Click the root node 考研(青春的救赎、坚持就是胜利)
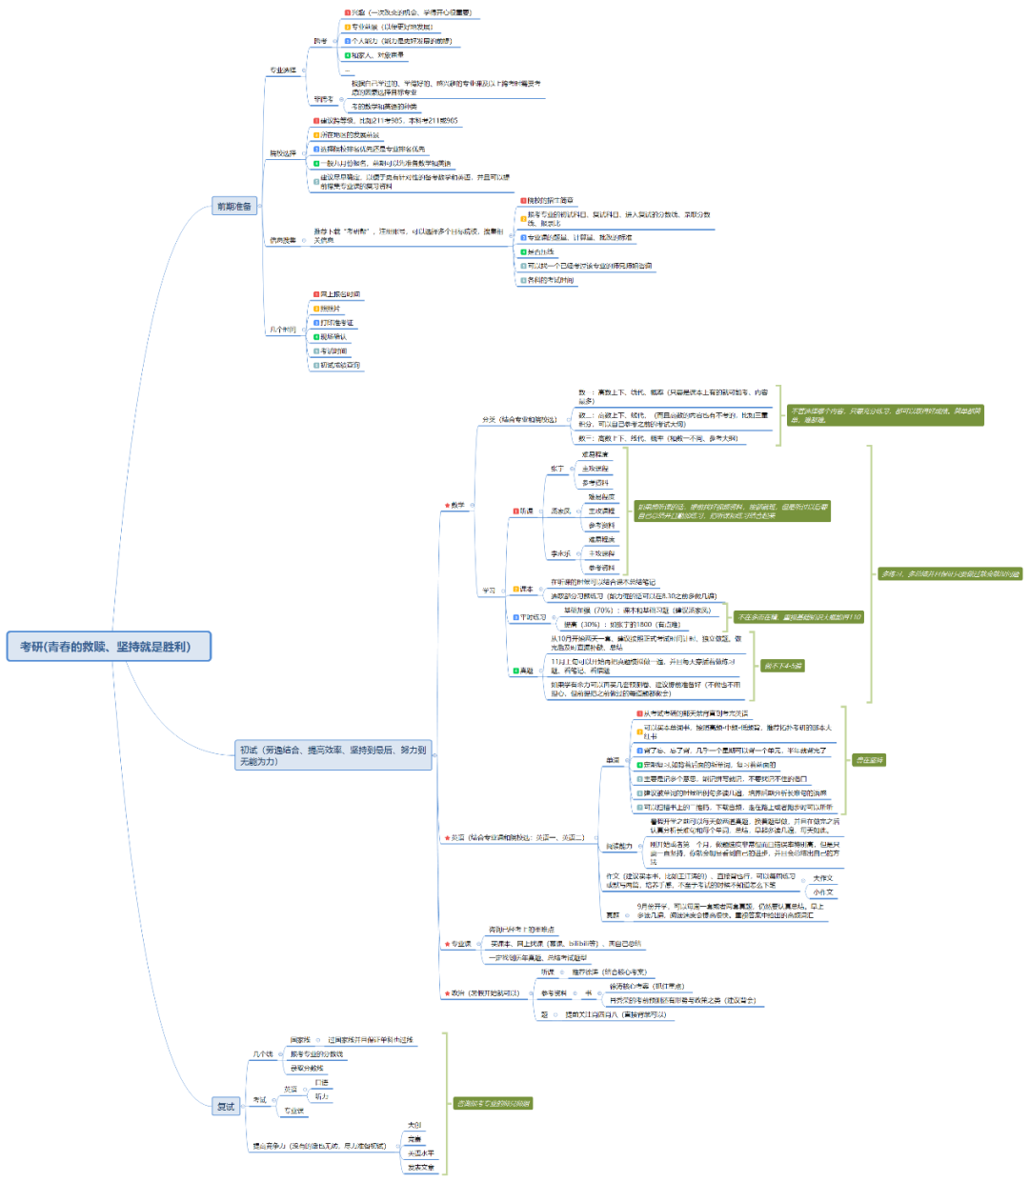click(x=109, y=647)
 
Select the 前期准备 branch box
click(x=234, y=206)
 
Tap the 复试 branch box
click(x=226, y=1106)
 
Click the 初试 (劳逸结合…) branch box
click(x=333, y=755)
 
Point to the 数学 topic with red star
click(x=456, y=505)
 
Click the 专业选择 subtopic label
click(x=283, y=70)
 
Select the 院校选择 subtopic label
click(x=283, y=152)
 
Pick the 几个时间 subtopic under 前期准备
click(x=283, y=330)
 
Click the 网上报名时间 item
click(x=339, y=294)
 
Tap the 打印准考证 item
click(x=335, y=323)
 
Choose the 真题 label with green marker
click(x=525, y=671)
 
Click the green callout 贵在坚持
click(x=869, y=760)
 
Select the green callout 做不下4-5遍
click(x=783, y=666)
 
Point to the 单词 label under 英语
click(x=612, y=760)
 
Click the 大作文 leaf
click(x=822, y=878)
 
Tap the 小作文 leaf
click(x=822, y=892)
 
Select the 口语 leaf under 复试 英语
click(x=321, y=1082)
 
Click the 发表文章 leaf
click(x=420, y=1168)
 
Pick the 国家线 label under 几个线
click(x=300, y=1040)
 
